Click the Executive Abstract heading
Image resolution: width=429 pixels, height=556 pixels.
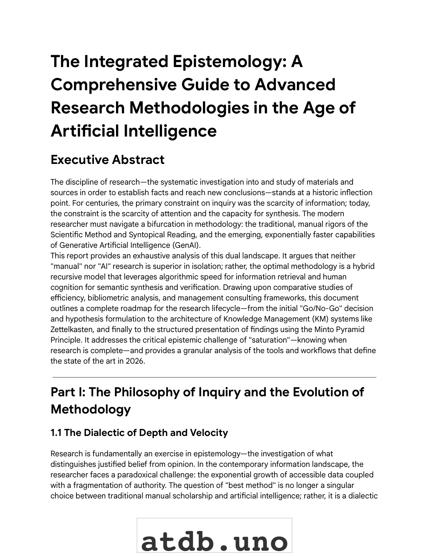[x=107, y=160]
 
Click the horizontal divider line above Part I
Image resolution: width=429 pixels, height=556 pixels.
[x=214, y=377]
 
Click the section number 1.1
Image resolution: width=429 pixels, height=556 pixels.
[x=56, y=433]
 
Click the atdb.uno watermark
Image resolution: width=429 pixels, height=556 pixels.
[x=214, y=540]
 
